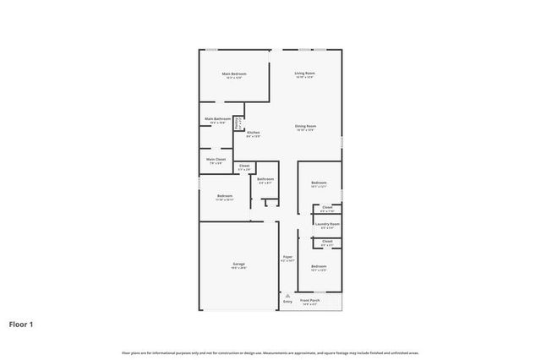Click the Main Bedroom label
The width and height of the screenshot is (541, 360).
(233, 74)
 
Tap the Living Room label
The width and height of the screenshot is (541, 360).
(305, 74)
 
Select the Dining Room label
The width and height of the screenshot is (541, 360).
(305, 127)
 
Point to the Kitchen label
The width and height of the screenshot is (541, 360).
(253, 133)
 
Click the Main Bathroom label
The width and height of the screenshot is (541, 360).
(217, 120)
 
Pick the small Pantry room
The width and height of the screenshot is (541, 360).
(238, 123)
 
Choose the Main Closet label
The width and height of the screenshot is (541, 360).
(216, 160)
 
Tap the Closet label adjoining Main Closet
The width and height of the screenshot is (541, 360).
(243, 166)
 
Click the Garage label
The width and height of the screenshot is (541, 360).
(239, 265)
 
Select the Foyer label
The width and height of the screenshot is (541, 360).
(287, 258)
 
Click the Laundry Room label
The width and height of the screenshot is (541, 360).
(327, 225)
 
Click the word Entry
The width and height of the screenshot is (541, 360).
(287, 302)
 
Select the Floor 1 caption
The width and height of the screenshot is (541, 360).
(22, 324)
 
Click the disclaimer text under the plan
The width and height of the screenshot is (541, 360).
(270, 352)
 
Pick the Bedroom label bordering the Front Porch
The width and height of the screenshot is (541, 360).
(318, 267)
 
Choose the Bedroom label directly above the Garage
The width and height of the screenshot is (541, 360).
(223, 196)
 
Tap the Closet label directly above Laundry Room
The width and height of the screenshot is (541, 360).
(327, 208)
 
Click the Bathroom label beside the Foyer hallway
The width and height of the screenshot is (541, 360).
(265, 179)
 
